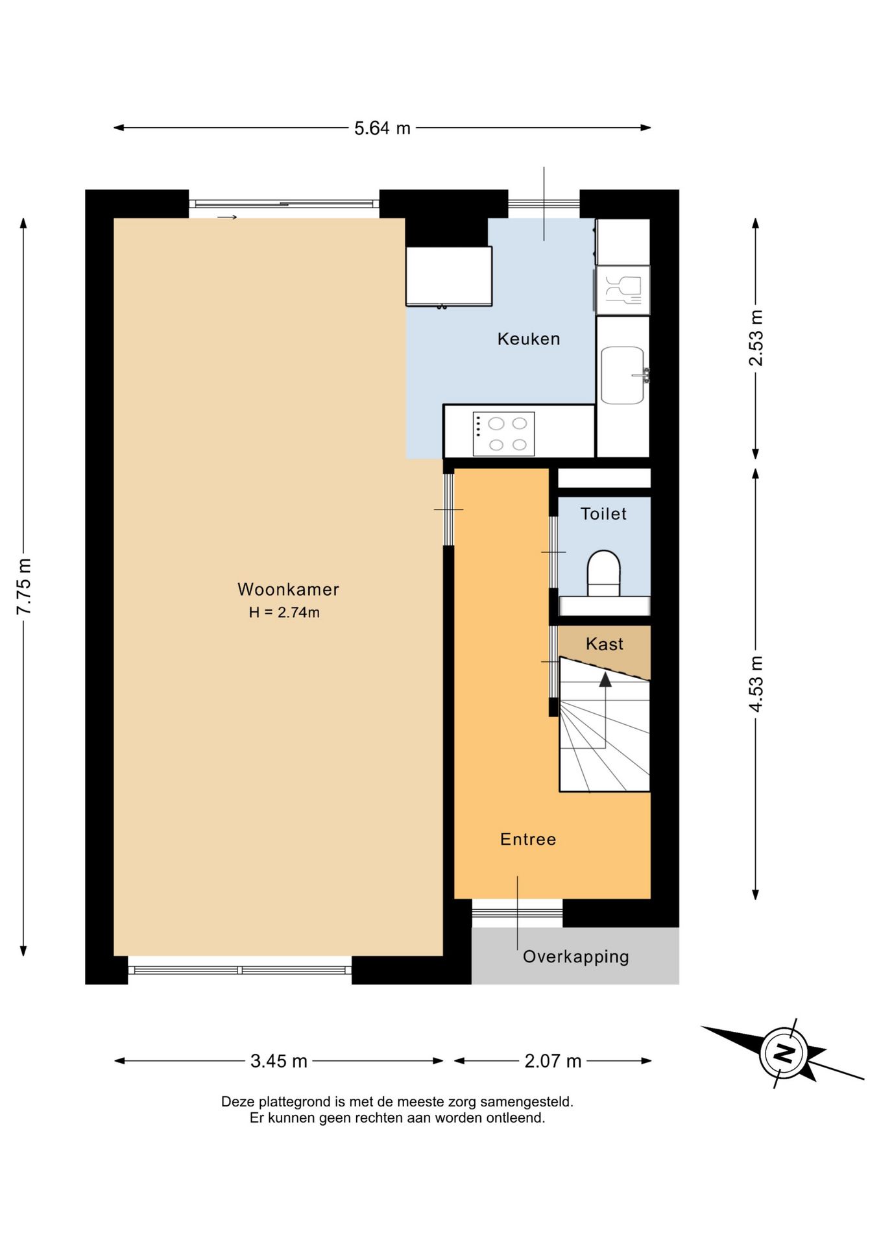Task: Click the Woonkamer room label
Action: (x=288, y=589)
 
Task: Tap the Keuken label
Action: (x=529, y=339)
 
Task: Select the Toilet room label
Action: (x=603, y=514)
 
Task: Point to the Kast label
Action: (x=604, y=644)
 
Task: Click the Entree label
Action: (x=528, y=839)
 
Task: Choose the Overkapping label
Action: (x=576, y=957)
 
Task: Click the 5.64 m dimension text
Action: (x=382, y=128)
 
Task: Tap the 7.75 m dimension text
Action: (x=24, y=587)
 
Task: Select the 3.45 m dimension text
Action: (x=279, y=1061)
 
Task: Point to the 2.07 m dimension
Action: (x=553, y=1061)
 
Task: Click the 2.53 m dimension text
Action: (x=756, y=338)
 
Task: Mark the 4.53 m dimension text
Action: (x=756, y=684)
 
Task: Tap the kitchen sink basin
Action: (x=622, y=375)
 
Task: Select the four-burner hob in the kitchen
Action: (x=504, y=434)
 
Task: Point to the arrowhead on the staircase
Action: (x=605, y=679)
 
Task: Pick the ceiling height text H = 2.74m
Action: (x=284, y=613)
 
